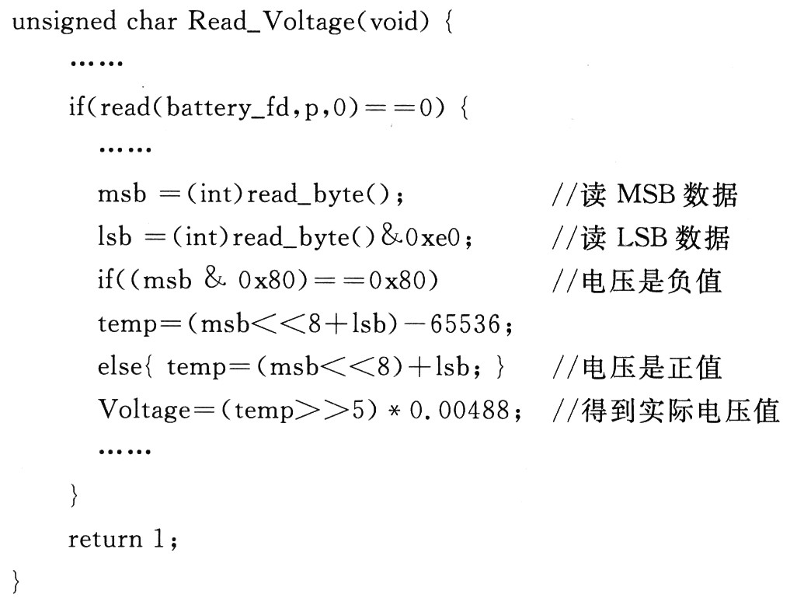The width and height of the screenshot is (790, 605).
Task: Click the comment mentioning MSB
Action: point(644,194)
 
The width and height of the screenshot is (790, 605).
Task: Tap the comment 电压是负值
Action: point(636,280)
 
